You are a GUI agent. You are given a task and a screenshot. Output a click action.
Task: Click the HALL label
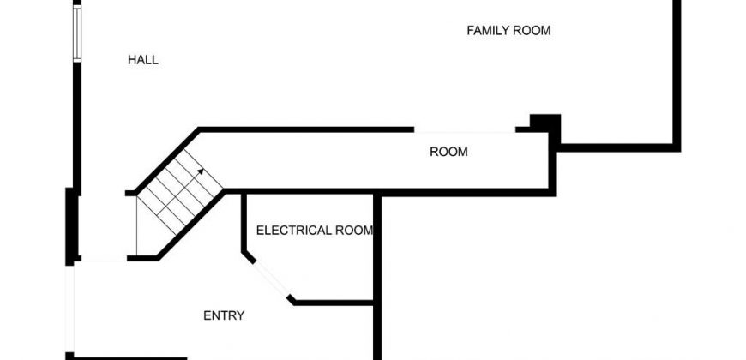pyautogui.click(x=143, y=60)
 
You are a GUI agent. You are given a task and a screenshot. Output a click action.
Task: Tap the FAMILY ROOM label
pyautogui.click(x=508, y=31)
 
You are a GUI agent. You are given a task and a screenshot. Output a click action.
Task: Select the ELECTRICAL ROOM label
pyautogui.click(x=315, y=231)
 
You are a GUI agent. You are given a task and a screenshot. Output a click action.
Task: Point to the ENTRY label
pyautogui.click(x=224, y=315)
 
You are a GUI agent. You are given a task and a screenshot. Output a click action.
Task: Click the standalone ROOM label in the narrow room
pyautogui.click(x=448, y=153)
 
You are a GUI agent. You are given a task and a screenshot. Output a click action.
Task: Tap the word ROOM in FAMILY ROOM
pyautogui.click(x=532, y=31)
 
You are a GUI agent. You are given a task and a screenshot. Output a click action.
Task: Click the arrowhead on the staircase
pyautogui.click(x=201, y=172)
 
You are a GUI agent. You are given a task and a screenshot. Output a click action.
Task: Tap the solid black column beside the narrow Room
pyautogui.click(x=545, y=125)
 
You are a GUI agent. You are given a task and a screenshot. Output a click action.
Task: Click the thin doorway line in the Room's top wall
pyautogui.click(x=465, y=130)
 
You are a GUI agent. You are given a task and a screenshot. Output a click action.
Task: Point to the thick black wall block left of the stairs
pyautogui.click(x=71, y=226)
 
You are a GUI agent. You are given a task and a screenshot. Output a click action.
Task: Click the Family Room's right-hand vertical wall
pyautogui.click(x=677, y=73)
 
